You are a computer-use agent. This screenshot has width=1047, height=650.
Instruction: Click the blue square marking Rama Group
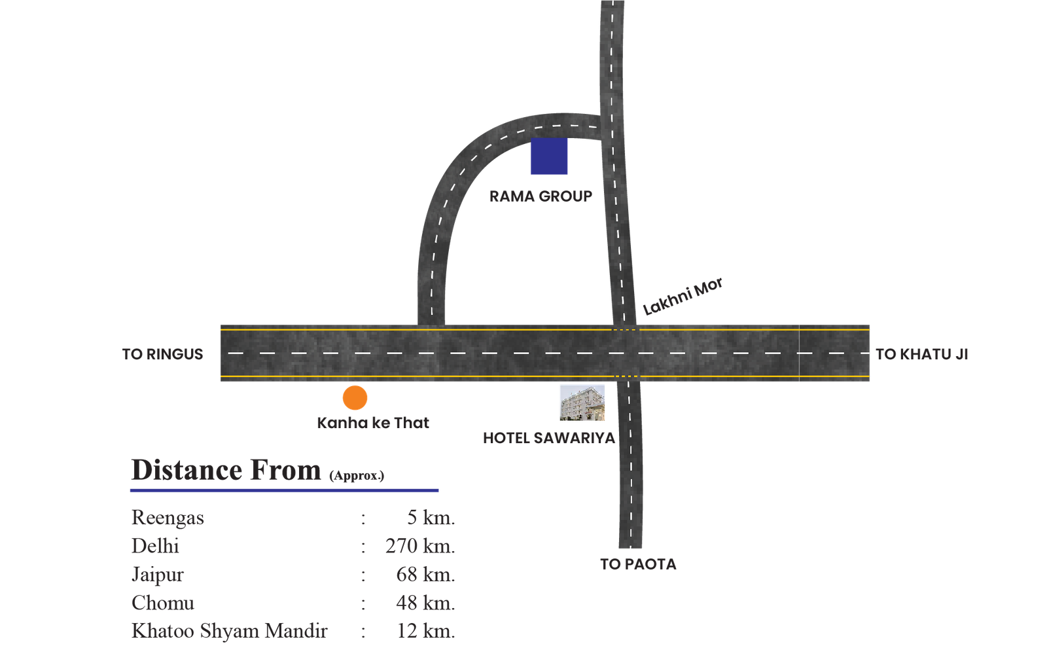(548, 157)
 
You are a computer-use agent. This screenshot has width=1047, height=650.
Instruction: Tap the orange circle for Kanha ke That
(355, 397)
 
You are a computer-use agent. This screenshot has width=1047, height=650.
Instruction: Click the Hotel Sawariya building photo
(582, 403)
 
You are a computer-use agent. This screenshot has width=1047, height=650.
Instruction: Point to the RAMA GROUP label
(541, 196)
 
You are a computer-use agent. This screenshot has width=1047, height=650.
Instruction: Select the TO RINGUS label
(162, 354)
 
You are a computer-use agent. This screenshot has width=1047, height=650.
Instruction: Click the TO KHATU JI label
(921, 354)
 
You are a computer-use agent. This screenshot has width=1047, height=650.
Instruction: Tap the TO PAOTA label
(638, 564)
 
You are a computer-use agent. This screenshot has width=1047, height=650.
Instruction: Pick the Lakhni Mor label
(683, 296)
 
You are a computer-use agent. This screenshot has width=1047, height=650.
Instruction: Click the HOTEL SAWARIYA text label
(549, 438)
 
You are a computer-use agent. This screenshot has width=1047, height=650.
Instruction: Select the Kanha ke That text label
(373, 423)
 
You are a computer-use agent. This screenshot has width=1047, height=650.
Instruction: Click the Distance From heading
(226, 470)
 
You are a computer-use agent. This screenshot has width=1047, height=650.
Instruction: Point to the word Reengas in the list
(168, 517)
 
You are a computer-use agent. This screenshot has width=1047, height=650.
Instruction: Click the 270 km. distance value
(419, 545)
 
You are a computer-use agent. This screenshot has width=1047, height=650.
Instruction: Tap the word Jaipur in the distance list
(157, 574)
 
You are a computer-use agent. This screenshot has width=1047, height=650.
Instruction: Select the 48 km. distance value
(425, 602)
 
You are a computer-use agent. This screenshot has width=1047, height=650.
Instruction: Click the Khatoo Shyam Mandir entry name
(229, 631)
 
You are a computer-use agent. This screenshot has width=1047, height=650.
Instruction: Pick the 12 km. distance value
(425, 631)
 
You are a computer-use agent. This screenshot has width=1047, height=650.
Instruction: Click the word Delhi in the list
(155, 545)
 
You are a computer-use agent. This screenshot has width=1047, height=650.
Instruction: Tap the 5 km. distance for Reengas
(430, 517)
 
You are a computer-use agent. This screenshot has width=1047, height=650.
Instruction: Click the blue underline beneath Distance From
(285, 490)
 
